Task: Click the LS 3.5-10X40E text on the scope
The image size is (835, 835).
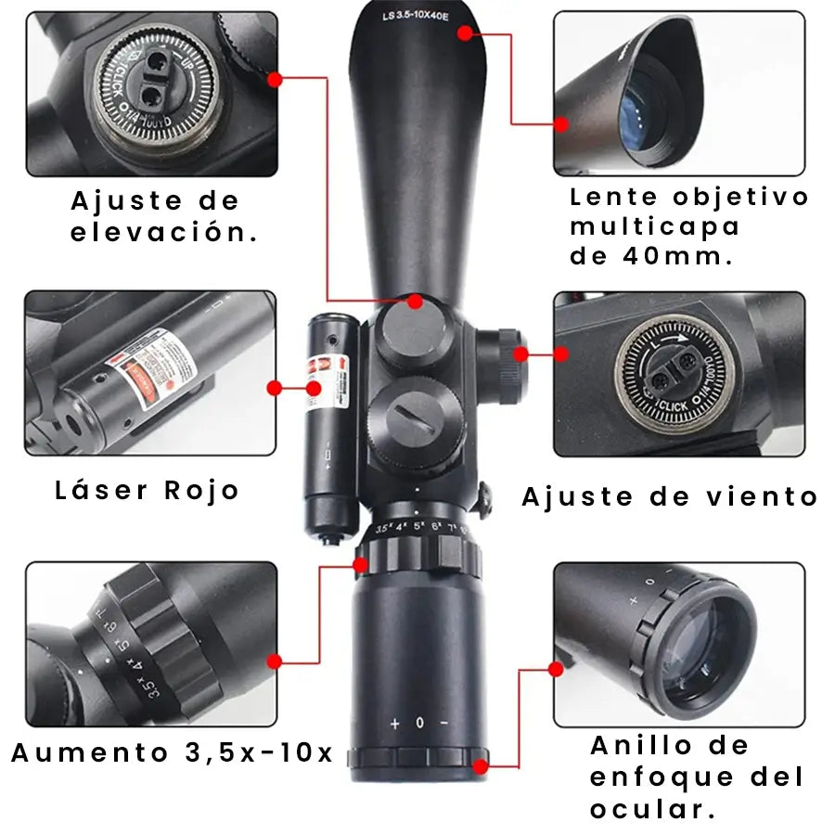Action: (415, 16)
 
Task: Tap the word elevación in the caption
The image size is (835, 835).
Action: (164, 232)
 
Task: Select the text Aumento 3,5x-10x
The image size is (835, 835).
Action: (172, 753)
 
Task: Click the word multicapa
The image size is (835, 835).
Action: (655, 226)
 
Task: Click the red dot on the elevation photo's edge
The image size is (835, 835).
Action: (275, 80)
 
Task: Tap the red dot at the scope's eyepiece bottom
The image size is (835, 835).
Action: (480, 766)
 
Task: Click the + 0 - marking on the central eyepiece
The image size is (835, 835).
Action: (419, 723)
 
